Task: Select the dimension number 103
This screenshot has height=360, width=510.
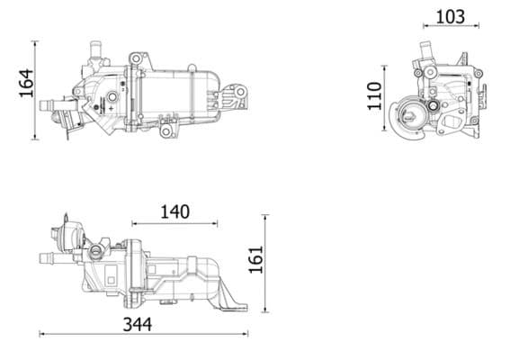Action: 450,16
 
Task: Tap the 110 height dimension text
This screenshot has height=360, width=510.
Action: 375,94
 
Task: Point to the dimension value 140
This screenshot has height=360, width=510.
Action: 174,211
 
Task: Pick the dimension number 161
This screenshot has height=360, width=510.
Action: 255,260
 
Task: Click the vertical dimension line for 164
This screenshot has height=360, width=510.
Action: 35,90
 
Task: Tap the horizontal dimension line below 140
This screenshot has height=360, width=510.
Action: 174,223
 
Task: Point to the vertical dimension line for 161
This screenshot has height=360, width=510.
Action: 265,260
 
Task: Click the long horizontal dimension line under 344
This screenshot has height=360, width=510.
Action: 144,335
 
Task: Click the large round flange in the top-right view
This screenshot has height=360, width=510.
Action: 413,118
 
